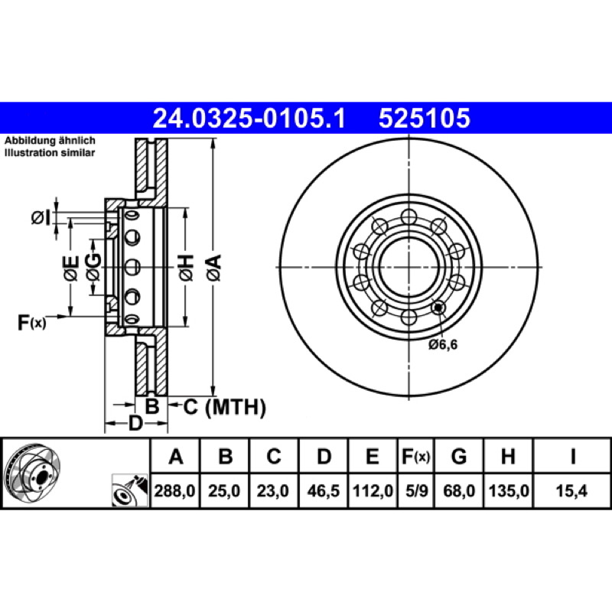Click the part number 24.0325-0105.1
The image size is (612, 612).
click(249, 119)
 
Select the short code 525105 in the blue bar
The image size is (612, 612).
click(425, 119)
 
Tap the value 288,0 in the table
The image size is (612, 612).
click(174, 490)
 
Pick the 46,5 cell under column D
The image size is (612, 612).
click(323, 490)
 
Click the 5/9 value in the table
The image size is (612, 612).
click(416, 490)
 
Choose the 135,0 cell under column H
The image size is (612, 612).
click(509, 490)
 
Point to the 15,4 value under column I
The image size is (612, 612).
click(571, 490)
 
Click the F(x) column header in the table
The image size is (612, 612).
click(416, 456)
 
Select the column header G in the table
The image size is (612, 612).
click(458, 456)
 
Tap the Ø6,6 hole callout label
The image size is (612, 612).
click(443, 345)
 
